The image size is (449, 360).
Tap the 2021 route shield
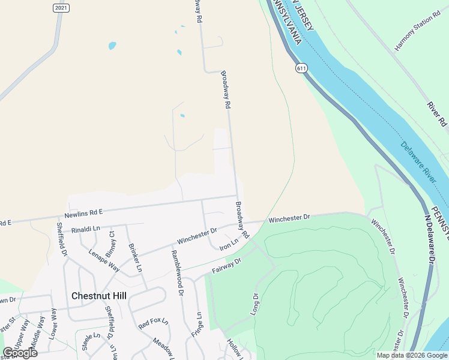point(61,8)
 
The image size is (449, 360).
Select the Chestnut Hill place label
point(99,295)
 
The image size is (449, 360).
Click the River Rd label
point(438,114)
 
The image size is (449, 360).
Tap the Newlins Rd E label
point(84,213)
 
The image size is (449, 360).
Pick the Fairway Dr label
point(226,266)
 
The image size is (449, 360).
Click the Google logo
point(20,353)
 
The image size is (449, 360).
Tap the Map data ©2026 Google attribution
point(412,355)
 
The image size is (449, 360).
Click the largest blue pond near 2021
point(112,46)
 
